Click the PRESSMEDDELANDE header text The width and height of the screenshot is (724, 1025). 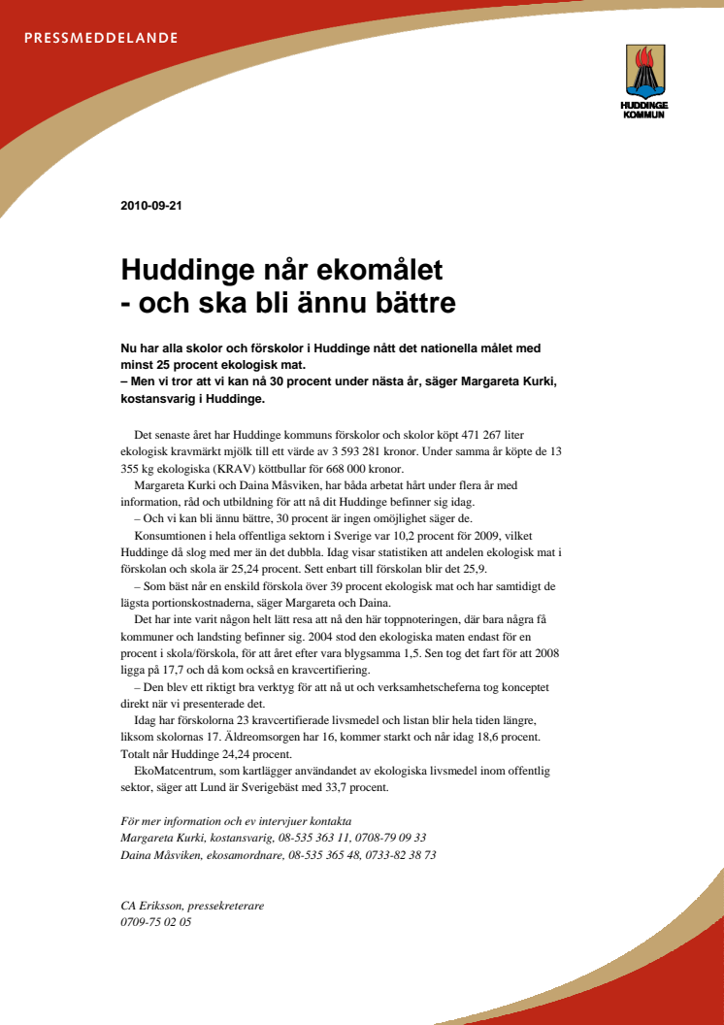tap(101, 39)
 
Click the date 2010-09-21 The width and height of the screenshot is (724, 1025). tap(151, 206)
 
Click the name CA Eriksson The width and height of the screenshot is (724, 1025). tap(153, 906)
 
